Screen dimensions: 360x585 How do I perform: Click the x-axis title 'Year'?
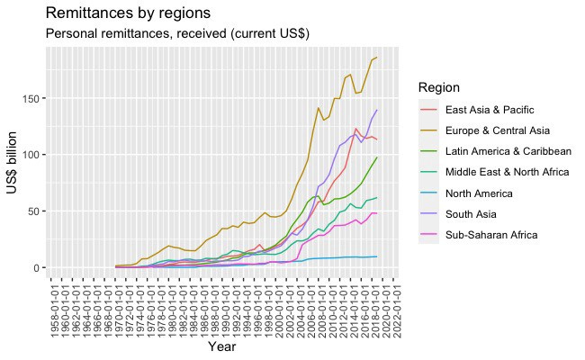point(222,346)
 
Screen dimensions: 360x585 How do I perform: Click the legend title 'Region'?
point(439,88)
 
